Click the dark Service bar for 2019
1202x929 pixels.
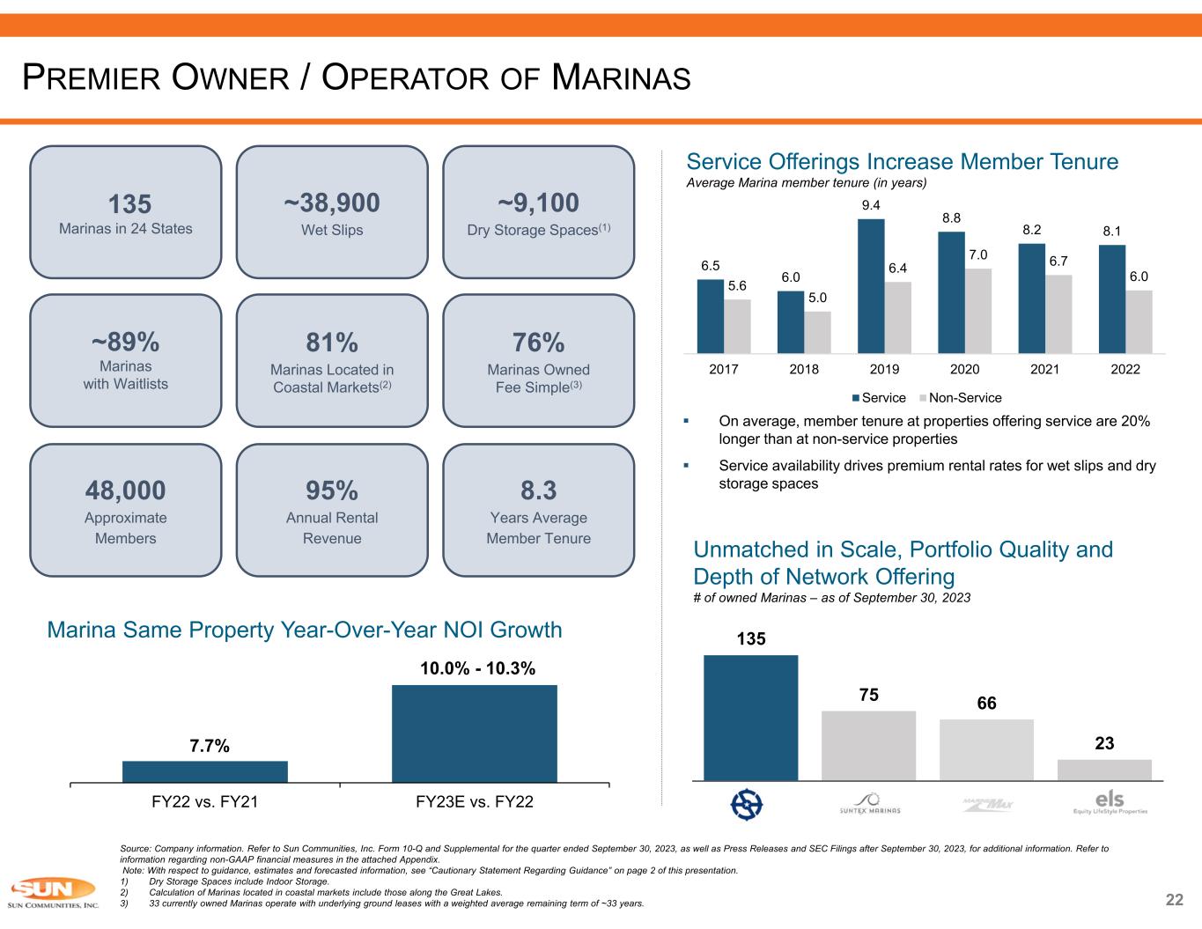coord(871,286)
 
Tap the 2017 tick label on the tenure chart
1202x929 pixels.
coord(724,370)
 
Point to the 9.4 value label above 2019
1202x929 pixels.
coord(871,205)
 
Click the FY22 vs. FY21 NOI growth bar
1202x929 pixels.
coord(204,771)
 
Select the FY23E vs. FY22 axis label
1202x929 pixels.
coord(474,802)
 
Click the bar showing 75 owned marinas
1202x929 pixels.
coord(868,745)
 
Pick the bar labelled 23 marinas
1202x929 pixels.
coord(1104,770)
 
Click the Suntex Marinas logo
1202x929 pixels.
coord(868,804)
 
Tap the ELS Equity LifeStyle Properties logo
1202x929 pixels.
coord(1110,803)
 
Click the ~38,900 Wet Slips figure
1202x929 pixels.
coord(332,203)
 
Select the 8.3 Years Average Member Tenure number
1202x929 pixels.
coord(538,490)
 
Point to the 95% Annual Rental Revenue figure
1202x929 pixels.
coord(332,490)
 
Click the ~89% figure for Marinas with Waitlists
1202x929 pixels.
coord(125,341)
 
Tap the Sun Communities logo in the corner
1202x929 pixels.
coord(53,893)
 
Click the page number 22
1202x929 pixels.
coord(1174,899)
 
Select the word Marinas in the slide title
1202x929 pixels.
coord(621,78)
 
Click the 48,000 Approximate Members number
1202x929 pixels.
coord(125,490)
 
